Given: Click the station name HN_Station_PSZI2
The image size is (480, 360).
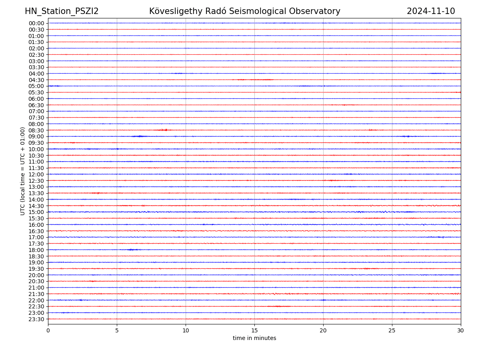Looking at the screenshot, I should [x=62, y=11].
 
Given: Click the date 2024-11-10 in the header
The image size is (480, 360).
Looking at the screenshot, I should [x=431, y=11].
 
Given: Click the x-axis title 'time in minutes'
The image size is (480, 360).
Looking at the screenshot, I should [x=254, y=338].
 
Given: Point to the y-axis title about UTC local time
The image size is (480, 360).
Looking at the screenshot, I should [x=23, y=171].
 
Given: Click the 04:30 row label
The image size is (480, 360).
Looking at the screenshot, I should [x=36, y=80].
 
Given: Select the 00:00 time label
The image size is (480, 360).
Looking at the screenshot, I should [x=36, y=23].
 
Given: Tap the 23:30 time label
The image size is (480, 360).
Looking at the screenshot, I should [x=36, y=319].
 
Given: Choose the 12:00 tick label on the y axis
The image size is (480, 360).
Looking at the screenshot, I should [x=36, y=174].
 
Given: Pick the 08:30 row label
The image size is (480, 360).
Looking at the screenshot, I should [x=36, y=130].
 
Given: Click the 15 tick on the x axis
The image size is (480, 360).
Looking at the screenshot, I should [x=254, y=331].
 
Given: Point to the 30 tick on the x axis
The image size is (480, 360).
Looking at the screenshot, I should [x=461, y=331].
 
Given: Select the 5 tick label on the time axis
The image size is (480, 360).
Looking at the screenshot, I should [x=117, y=331].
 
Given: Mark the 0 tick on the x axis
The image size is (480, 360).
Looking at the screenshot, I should [x=48, y=331].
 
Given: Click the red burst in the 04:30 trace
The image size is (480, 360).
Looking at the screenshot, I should [x=260, y=80].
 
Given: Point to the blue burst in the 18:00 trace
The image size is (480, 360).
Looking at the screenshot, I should [x=132, y=250].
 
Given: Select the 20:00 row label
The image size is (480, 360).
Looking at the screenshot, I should [x=36, y=275].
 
